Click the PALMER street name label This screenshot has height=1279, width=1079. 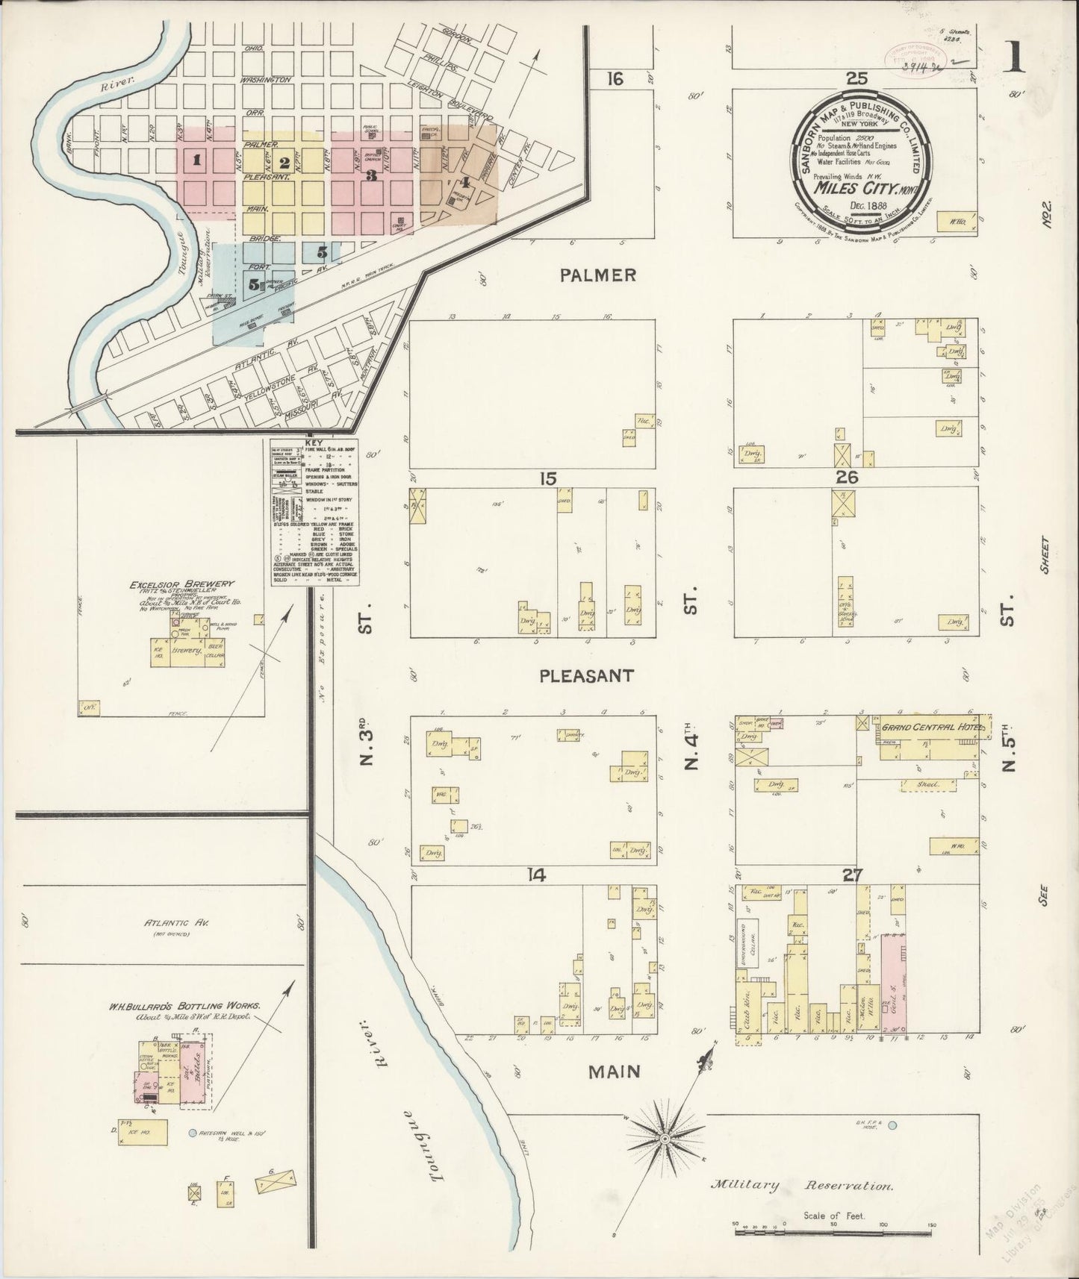pyautogui.click(x=598, y=275)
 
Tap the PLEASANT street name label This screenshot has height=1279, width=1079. pyautogui.click(x=587, y=676)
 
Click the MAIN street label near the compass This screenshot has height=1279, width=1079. pyautogui.click(x=614, y=1072)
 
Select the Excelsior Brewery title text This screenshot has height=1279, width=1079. pyautogui.click(x=171, y=584)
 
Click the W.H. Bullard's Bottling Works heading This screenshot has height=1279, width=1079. pyautogui.click(x=184, y=1007)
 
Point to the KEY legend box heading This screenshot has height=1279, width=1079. pyautogui.click(x=314, y=443)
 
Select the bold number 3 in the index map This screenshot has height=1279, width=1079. pyautogui.click(x=371, y=176)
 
